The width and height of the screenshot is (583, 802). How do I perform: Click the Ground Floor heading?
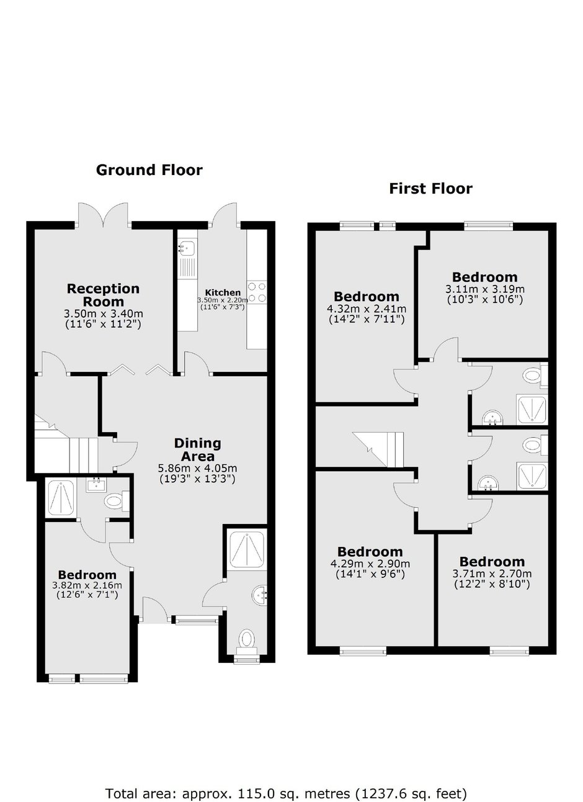[149, 169]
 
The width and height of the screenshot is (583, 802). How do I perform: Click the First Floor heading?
[430, 188]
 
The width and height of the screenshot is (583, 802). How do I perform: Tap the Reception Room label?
[103, 295]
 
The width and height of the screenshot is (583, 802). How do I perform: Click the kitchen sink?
[187, 249]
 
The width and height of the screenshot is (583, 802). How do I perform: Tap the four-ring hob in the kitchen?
[257, 292]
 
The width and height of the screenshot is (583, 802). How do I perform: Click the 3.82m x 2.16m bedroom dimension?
[87, 585]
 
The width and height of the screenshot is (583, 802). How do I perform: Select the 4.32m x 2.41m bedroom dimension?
[366, 309]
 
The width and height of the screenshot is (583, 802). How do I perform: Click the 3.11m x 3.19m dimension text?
[484, 289]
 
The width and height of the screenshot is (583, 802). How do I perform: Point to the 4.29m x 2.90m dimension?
[370, 564]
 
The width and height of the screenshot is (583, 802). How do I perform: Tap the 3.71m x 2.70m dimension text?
[492, 574]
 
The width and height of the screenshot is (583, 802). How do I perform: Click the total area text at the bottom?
[286, 776]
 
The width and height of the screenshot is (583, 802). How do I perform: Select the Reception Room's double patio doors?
[104, 214]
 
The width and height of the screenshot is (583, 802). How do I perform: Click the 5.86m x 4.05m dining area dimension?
[197, 468]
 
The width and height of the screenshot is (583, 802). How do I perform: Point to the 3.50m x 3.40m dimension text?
[103, 313]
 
